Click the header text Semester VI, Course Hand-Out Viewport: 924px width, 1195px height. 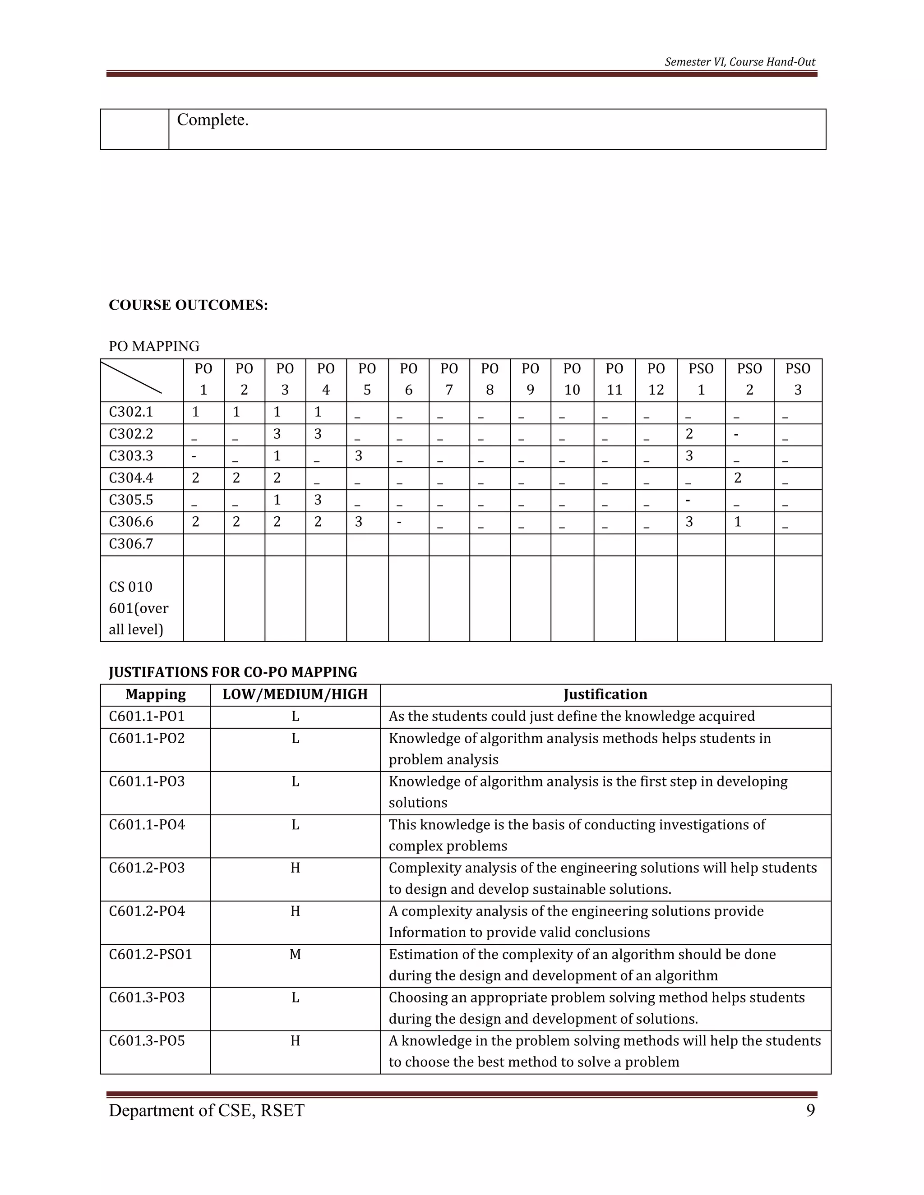point(739,62)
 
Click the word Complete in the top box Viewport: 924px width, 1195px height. point(213,120)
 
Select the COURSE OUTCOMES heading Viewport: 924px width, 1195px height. point(188,305)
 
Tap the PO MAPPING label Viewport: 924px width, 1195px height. point(154,346)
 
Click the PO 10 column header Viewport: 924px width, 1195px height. point(572,379)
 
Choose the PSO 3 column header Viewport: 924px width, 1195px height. point(798,379)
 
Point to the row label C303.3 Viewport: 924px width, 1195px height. point(131,456)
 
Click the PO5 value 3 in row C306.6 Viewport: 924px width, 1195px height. point(359,522)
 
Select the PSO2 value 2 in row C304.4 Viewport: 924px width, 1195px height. point(737,478)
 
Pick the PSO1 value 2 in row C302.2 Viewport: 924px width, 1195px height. point(689,434)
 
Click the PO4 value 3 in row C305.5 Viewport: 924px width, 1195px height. point(318,500)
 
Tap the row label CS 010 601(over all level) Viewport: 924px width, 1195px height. point(139,608)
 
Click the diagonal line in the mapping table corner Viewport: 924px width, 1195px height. point(131,377)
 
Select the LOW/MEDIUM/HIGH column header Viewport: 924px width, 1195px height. point(295,694)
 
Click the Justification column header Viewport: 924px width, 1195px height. point(605,694)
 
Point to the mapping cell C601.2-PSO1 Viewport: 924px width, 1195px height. point(151,954)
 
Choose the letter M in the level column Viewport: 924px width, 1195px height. point(295,954)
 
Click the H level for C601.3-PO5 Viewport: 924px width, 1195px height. point(295,1041)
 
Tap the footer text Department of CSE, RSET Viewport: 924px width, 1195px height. point(206,1111)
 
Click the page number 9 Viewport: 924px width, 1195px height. point(810,1111)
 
